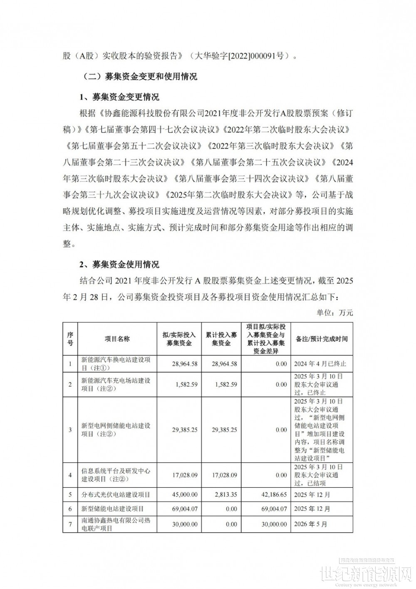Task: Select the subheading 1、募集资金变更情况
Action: point(119,97)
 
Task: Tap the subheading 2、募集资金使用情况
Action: point(119,265)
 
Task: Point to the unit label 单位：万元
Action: point(334,312)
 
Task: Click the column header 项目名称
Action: point(117,339)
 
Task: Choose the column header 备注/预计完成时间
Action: point(322,339)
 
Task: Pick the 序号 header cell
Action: point(70,339)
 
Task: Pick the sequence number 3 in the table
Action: point(70,429)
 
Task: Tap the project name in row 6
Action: point(113,509)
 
